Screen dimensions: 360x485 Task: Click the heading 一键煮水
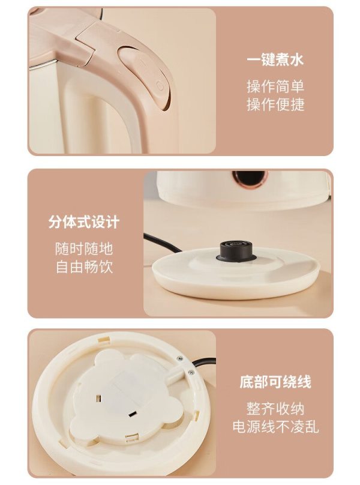275,59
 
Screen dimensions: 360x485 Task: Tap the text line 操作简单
275,86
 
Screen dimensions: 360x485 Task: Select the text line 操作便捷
275,104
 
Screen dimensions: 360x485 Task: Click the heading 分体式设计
84,221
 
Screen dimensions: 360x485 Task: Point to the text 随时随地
84,249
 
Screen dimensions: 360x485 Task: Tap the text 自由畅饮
84,267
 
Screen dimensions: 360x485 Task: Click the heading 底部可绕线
275,382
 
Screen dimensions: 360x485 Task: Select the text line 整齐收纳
275,409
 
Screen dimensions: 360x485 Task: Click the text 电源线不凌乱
275,427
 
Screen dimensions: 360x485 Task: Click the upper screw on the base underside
179,358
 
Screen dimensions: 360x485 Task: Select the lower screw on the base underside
191,372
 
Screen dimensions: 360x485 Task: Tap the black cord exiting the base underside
201,363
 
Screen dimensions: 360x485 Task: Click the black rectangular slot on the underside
133,414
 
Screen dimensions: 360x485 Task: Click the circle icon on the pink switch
160,85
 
